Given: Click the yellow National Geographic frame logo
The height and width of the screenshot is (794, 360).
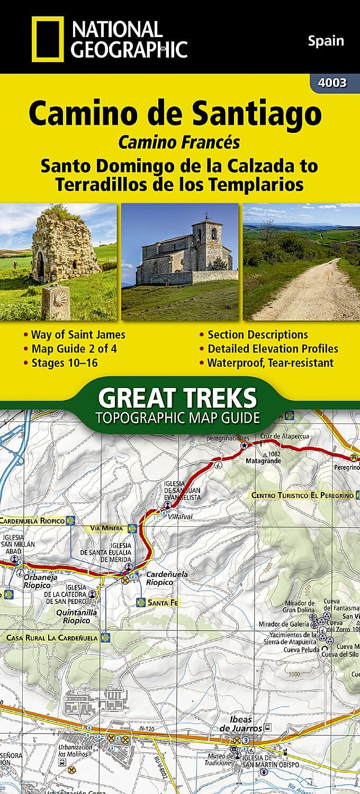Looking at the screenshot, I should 48,39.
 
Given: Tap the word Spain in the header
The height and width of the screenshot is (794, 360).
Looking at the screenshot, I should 326,41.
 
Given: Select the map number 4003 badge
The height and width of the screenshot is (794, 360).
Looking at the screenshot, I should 333,83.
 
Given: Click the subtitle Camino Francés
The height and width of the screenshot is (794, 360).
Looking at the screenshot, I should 179,142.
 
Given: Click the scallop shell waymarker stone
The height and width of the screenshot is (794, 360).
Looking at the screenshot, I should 56,302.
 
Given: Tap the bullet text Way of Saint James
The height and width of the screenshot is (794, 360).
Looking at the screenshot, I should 78,335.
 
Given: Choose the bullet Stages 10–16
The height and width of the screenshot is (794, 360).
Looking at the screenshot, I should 63,363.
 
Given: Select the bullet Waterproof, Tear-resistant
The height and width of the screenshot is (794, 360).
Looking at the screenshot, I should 270,363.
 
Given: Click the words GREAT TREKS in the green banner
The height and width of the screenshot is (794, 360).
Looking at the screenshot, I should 178,397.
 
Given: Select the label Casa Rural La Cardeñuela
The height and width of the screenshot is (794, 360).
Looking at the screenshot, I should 52,638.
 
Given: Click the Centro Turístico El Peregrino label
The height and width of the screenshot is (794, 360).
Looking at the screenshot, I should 302,495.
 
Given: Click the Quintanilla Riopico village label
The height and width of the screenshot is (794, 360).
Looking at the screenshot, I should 77,617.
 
